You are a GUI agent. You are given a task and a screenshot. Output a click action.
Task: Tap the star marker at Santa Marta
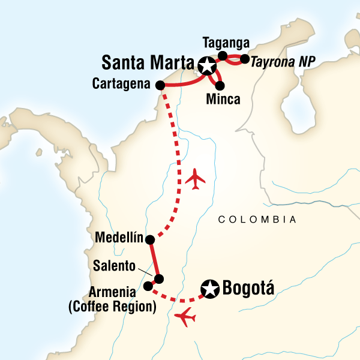(207, 65)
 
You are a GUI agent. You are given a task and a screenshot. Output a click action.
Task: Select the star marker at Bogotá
(211, 289)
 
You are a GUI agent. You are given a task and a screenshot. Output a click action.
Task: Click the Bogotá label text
(248, 289)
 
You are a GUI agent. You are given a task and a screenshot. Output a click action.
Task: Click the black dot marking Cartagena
(160, 85)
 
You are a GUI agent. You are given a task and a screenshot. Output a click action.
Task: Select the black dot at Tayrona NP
(244, 59)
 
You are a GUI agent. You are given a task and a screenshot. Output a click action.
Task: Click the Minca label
(223, 99)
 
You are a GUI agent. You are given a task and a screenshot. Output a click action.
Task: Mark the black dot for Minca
(220, 85)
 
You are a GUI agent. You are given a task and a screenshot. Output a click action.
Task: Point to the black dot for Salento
(158, 278)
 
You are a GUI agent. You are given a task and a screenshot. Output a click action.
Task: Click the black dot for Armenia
(148, 286)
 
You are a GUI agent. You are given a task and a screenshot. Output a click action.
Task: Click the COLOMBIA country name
(257, 220)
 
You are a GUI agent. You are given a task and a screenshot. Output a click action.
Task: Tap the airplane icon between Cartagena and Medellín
(196, 178)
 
